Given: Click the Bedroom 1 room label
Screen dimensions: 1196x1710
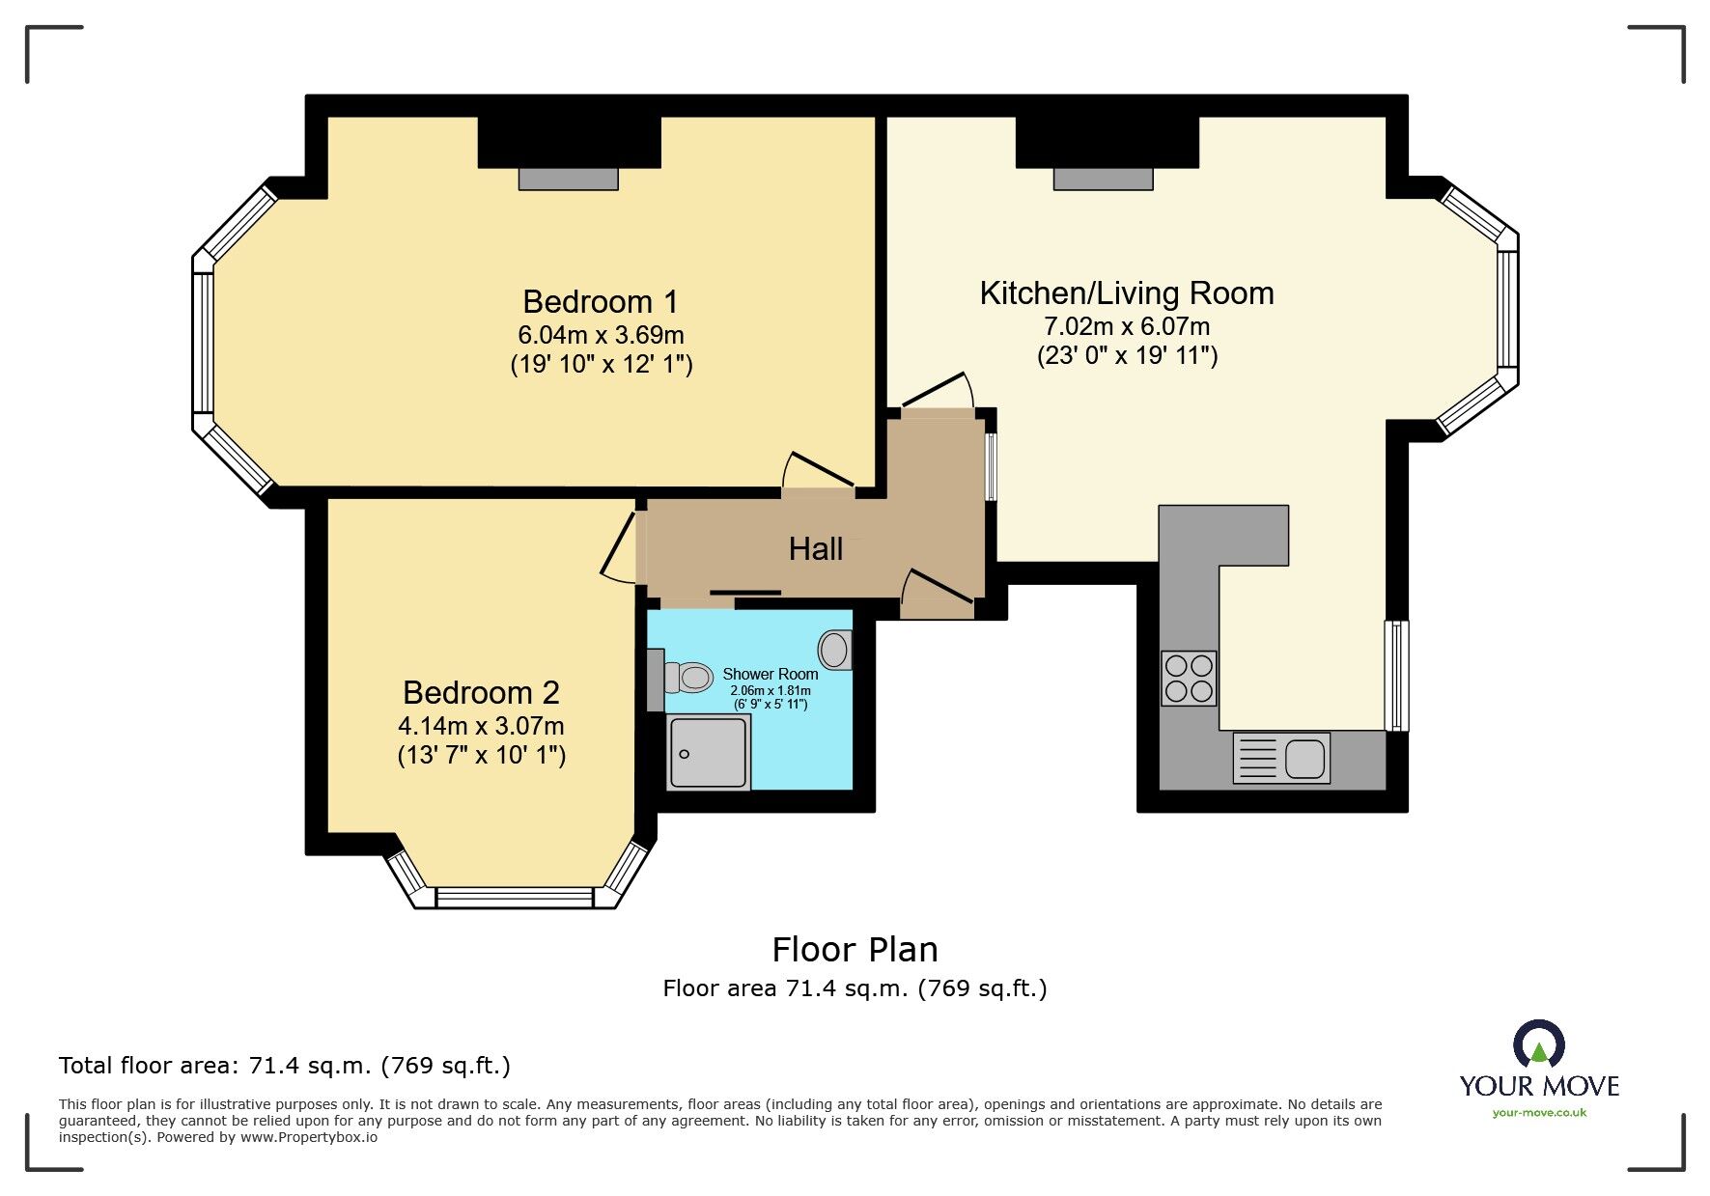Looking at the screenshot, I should coord(600,302).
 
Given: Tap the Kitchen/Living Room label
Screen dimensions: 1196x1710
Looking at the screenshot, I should coord(1126,293).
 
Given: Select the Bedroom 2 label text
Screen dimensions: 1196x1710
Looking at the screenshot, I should coord(481,693).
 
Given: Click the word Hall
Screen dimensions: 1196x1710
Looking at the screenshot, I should coord(815,549).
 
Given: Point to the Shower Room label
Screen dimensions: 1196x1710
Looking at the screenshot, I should coord(770,674).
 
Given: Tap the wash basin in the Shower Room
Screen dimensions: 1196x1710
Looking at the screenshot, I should coord(835,650).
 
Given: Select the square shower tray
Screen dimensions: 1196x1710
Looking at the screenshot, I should coord(708,752).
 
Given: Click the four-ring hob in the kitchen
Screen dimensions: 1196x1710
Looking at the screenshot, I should coord(1189,679).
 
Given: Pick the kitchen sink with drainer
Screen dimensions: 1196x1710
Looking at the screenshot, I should coord(1281,758).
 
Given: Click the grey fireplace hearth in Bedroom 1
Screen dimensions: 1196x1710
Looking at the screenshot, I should coord(568,179).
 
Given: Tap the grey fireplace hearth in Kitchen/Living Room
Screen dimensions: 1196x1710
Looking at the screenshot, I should coord(1103,179).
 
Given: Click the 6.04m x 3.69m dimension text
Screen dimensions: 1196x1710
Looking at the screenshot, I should coord(601,335).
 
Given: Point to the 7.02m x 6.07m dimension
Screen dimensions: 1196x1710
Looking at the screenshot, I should coord(1127,326).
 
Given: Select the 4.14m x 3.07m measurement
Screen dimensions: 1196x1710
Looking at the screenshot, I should coord(481,726).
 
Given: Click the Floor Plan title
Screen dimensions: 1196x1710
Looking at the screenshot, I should coord(855,950).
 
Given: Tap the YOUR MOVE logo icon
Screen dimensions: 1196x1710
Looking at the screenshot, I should coord(1538,1045).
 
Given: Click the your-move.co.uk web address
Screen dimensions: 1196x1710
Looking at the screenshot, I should coord(1539,1113).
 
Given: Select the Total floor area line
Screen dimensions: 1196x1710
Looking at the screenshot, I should coord(284,1066).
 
